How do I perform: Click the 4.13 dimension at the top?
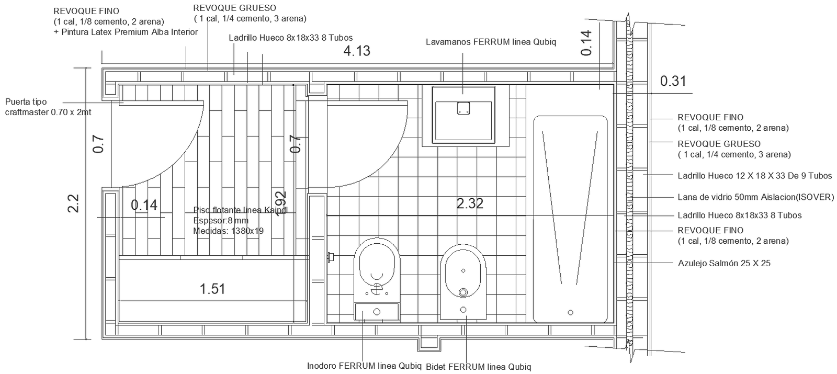click(x=357, y=51)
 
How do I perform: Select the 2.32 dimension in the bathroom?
click(x=470, y=203)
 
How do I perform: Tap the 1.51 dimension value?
click(x=212, y=289)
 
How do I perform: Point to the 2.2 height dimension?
click(x=73, y=203)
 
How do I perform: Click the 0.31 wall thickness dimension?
click(x=673, y=81)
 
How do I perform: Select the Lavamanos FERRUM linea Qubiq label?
click(x=491, y=42)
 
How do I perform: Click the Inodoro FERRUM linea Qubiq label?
click(x=364, y=366)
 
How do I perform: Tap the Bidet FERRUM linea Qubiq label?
click(x=479, y=367)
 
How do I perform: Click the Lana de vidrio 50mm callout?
click(x=755, y=197)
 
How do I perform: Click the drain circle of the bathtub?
click(x=570, y=312)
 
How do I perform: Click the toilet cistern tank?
click(x=377, y=312)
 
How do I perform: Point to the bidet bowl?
click(x=463, y=272)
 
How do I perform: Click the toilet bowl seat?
click(x=377, y=267)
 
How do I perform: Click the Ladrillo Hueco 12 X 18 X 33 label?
click(x=754, y=176)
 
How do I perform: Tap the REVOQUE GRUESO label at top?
click(x=235, y=8)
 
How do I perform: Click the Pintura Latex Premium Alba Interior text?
click(x=126, y=32)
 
